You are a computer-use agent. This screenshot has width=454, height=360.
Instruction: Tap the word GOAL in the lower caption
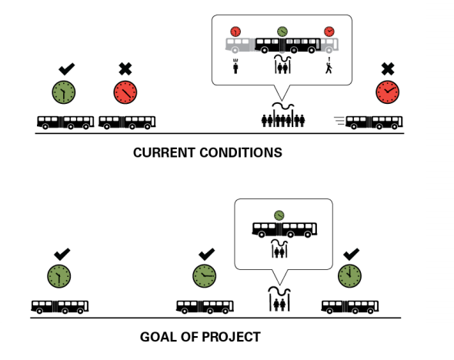(x=161, y=336)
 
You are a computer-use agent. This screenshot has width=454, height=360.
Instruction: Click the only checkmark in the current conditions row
(x=66, y=69)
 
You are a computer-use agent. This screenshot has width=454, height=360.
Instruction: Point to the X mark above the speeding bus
(x=388, y=69)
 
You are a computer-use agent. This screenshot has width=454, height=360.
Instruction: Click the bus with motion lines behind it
(x=373, y=122)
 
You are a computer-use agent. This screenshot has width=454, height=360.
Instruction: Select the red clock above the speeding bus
(x=388, y=93)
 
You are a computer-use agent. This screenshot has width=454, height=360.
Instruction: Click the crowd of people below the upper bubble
(x=284, y=120)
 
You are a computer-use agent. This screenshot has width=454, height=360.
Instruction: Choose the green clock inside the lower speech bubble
(x=279, y=214)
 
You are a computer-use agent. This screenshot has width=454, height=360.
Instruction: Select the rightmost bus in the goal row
(x=350, y=306)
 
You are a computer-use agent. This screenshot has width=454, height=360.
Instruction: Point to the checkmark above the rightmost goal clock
(x=351, y=252)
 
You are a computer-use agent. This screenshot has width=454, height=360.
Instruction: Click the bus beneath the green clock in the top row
(x=65, y=122)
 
